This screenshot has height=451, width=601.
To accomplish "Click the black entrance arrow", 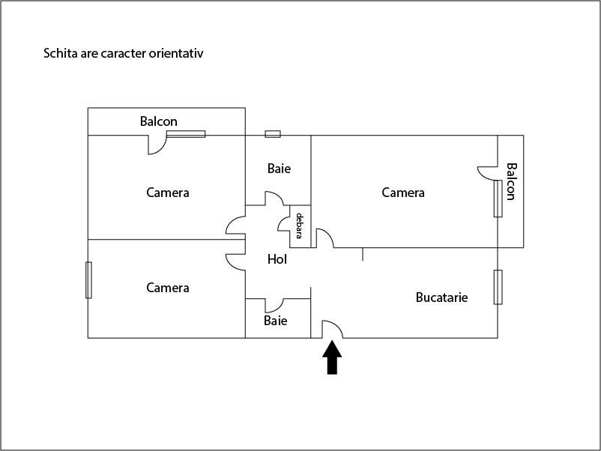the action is (x=332, y=357).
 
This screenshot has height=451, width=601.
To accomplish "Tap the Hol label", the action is (x=277, y=259).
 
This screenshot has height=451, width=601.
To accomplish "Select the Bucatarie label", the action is (x=441, y=297).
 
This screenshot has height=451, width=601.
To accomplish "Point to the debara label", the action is (x=299, y=225).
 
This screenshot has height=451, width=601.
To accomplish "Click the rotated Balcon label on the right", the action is (x=512, y=181).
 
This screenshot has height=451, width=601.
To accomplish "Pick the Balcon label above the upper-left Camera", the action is (x=159, y=121).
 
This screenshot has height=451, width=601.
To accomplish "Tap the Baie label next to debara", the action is (x=279, y=169).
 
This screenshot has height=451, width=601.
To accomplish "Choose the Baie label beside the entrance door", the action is (x=276, y=321).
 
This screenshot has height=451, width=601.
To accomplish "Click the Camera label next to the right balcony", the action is (x=403, y=193).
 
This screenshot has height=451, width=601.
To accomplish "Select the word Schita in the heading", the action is (x=61, y=53).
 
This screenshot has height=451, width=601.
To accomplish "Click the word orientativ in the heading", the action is (x=176, y=53).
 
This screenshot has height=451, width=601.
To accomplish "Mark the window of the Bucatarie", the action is (x=498, y=287).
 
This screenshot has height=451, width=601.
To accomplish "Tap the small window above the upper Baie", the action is (x=273, y=134).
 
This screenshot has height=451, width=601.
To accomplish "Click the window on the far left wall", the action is (x=88, y=280).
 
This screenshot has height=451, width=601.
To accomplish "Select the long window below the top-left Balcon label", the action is (x=186, y=134).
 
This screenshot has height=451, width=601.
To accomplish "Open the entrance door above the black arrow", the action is (x=333, y=329).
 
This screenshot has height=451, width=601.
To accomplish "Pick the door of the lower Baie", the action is (x=274, y=306).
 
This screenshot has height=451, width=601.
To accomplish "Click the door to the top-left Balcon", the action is (x=157, y=145).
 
